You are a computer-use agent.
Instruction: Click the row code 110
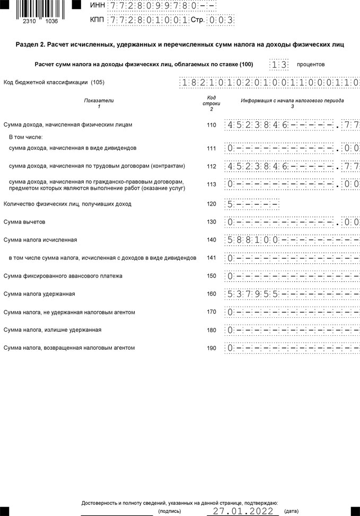(x=212, y=126)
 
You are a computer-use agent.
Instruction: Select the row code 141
(x=212, y=258)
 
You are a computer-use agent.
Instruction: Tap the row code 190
(x=212, y=348)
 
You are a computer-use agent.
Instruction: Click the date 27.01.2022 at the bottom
(x=243, y=511)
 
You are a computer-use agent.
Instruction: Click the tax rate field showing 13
(x=279, y=65)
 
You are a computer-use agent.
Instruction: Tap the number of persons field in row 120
(x=252, y=204)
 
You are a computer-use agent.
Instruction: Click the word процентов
(x=311, y=65)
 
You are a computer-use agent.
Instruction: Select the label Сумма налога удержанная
(x=39, y=294)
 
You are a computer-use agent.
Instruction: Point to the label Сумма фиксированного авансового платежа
(x=63, y=276)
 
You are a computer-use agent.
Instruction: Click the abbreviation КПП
(x=98, y=20)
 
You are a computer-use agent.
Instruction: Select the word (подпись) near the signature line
(x=169, y=511)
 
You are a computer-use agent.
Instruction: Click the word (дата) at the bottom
(x=291, y=511)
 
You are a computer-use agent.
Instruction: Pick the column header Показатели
(x=99, y=101)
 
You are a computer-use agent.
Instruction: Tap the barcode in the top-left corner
(x=37, y=8)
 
